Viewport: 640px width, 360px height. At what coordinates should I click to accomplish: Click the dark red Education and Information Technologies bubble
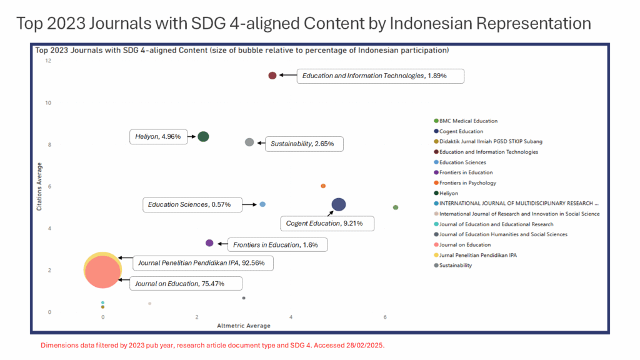point(272,76)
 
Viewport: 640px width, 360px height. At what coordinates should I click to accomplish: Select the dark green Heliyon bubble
point(203,137)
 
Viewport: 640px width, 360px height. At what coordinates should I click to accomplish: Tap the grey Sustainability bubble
point(249,142)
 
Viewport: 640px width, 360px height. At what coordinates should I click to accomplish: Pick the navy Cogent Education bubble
point(339,204)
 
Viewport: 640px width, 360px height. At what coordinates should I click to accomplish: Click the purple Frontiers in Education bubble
point(209,243)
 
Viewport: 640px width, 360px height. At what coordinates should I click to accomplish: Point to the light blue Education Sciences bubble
point(262,204)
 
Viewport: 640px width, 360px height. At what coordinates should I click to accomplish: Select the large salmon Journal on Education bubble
point(102,272)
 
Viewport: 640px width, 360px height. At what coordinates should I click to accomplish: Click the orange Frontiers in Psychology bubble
point(323,186)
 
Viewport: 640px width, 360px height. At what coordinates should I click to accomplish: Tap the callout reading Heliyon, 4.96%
point(158,136)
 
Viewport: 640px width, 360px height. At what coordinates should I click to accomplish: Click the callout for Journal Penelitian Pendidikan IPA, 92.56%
point(202,263)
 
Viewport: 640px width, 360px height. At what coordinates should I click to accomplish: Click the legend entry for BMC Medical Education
point(468,121)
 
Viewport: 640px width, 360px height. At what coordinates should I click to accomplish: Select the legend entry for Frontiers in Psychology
point(467,182)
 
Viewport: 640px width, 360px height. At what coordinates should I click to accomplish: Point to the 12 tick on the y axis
point(48,61)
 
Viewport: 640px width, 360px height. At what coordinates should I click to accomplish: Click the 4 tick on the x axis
point(291,317)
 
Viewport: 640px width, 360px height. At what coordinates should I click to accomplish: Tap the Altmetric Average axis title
point(243,326)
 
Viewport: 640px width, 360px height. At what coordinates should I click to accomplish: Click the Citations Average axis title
point(39,186)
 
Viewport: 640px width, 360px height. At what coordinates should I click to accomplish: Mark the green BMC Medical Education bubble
point(396,207)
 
